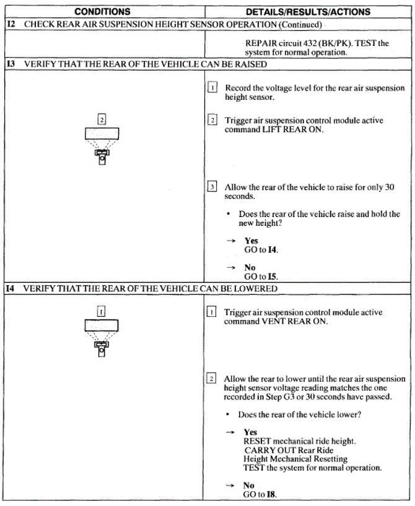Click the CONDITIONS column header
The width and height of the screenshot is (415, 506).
point(103,12)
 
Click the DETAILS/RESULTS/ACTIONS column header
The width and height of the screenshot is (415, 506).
point(308,12)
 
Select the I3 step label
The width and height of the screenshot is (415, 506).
point(11,64)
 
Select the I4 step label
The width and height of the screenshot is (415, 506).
point(11,288)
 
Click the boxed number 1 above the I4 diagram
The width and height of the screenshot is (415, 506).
point(102,313)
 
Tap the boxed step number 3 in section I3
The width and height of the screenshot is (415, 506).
point(212,187)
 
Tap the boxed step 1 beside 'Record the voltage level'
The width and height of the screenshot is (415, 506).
point(212,89)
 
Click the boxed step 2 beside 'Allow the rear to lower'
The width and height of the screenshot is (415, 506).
point(212,379)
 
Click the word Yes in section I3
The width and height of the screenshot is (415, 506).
point(251,241)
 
